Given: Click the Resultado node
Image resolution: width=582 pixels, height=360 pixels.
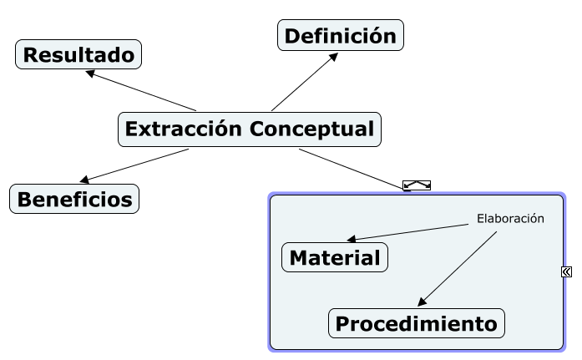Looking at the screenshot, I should click(x=78, y=55).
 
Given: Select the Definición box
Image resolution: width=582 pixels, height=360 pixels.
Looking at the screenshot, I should click(x=340, y=36).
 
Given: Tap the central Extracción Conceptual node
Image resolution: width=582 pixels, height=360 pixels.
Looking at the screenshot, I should click(x=249, y=129).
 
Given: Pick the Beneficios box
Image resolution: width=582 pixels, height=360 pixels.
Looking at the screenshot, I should click(x=74, y=200).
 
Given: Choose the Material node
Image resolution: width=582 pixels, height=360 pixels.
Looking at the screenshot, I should click(x=335, y=258).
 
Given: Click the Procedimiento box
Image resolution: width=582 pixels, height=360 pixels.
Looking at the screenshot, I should click(x=417, y=323).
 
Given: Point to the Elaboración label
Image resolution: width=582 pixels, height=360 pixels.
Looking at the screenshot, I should click(x=510, y=219).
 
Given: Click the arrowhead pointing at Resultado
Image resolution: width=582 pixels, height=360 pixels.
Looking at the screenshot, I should click(x=90, y=73).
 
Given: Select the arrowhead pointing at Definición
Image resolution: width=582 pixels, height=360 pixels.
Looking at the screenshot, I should click(x=333, y=57).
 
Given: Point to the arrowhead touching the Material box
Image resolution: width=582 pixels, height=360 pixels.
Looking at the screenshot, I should click(x=352, y=240).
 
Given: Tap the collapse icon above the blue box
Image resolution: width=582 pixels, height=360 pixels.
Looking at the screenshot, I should click(x=417, y=185).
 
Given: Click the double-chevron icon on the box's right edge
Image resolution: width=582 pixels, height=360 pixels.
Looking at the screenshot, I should click(x=567, y=271).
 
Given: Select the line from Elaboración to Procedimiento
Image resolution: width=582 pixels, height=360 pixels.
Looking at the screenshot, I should click(x=459, y=267).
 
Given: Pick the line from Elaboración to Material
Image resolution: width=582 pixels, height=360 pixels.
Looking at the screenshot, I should click(x=409, y=232).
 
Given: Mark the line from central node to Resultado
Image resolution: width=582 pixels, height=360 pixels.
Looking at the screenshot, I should click(x=142, y=91).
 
